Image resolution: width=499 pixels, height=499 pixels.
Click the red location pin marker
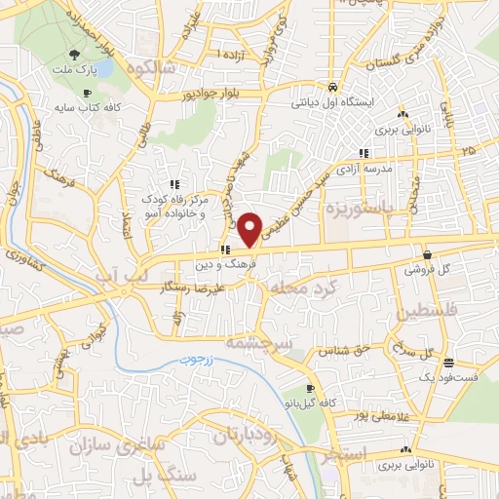(x=250, y=228)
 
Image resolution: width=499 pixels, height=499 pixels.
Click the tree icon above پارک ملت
(x=76, y=53)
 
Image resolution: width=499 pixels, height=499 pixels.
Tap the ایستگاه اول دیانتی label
(x=334, y=99)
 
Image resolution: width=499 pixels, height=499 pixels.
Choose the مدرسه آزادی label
(x=364, y=169)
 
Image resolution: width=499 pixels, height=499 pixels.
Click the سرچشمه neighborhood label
(x=253, y=342)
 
